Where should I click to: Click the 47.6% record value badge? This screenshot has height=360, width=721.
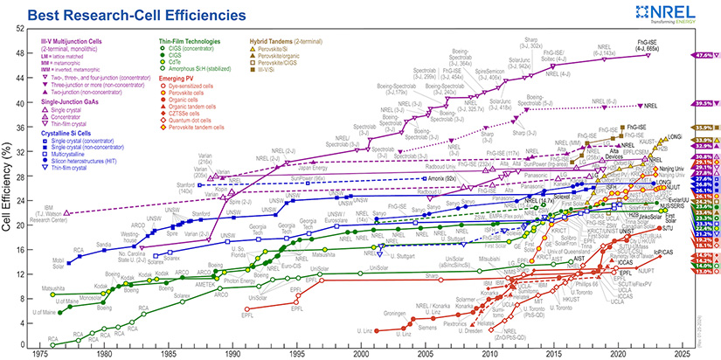(705, 55)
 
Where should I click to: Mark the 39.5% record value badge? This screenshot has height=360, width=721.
(705, 104)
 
